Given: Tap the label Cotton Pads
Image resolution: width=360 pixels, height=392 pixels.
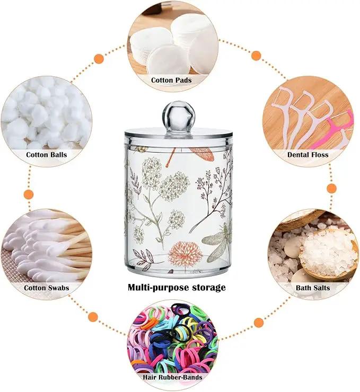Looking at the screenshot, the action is (171, 80).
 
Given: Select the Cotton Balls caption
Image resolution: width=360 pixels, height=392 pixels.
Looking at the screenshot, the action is (47, 155).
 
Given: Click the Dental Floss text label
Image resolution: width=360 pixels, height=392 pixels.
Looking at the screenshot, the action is (308, 155).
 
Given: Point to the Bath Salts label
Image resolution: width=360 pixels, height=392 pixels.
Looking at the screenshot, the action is (313, 288).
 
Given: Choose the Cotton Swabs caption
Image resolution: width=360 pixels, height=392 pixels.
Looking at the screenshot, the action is (47, 288).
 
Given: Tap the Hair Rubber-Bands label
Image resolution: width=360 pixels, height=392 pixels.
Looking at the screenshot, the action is (172, 377).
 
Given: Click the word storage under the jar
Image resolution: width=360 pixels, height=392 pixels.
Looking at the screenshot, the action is (209, 288).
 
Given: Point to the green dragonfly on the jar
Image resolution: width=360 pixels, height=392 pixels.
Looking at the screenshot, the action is (217, 240).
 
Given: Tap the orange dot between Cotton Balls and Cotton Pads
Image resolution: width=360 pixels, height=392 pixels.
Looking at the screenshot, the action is (99, 59).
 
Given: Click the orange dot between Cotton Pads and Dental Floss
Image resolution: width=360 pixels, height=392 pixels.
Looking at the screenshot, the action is (256, 56).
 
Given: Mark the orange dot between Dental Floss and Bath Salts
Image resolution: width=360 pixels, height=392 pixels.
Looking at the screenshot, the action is (332, 188).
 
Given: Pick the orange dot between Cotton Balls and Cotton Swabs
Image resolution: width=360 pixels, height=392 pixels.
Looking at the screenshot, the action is (29, 194).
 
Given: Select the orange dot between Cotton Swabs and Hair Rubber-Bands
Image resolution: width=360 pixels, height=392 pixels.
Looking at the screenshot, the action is (93, 317).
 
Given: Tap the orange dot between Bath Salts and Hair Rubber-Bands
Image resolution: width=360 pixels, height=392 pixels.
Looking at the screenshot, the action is (259, 323).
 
